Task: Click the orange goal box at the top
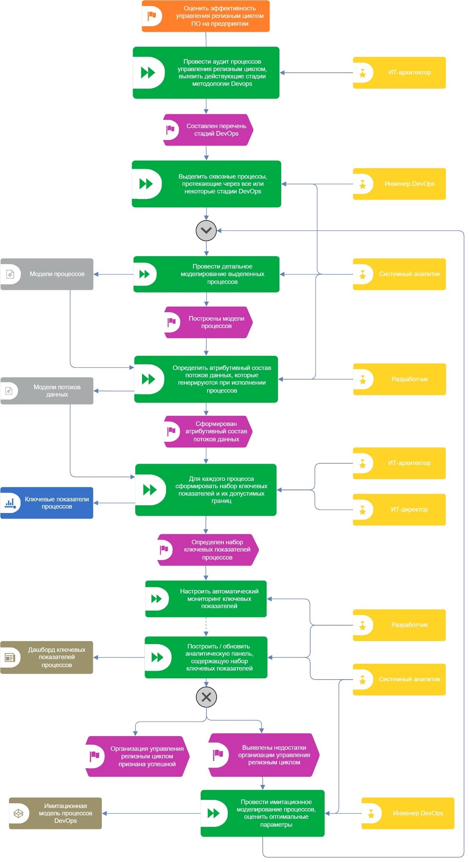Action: [205, 16]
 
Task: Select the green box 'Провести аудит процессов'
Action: [206, 73]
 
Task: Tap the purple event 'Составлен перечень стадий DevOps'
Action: [208, 130]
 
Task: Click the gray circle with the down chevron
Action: [206, 230]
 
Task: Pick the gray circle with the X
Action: [206, 697]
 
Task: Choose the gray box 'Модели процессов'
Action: [47, 274]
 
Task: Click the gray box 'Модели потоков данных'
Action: [47, 391]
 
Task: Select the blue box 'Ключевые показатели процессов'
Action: [47, 503]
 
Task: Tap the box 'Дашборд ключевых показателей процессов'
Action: [47, 657]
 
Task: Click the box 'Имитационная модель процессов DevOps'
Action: [56, 813]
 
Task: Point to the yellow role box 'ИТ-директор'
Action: [399, 510]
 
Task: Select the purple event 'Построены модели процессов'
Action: [208, 322]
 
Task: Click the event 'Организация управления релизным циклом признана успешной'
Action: [137, 756]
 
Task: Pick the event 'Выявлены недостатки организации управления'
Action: [264, 755]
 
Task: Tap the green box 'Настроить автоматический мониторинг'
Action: [206, 599]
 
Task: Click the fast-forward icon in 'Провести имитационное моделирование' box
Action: [213, 813]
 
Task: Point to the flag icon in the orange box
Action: [152, 16]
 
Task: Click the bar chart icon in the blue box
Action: [10, 503]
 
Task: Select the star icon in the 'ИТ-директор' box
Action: [363, 510]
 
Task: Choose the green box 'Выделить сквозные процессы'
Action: [206, 184]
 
